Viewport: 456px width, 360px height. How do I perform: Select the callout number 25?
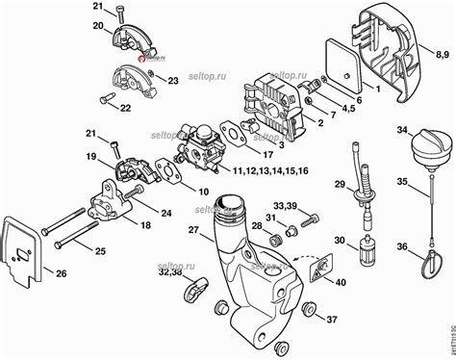[x=99, y=251]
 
